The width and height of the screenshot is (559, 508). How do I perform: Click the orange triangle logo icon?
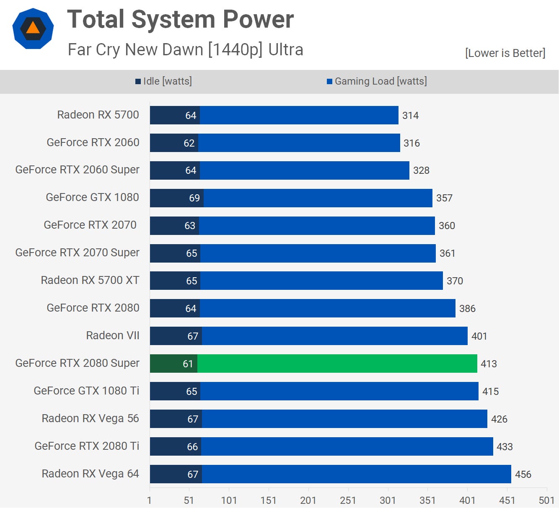click(33, 28)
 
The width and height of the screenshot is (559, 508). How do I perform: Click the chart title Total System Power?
click(180, 19)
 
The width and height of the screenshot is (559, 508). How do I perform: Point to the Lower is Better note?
click(505, 53)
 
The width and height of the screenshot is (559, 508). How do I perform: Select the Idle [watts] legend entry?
click(164, 81)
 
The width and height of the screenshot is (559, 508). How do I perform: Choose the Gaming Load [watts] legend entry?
click(377, 81)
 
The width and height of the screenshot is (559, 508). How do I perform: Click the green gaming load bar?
click(337, 364)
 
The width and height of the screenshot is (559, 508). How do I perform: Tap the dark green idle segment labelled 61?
click(173, 364)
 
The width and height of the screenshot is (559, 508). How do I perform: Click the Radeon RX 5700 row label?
click(98, 115)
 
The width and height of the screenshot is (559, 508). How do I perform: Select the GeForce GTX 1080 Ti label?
click(86, 391)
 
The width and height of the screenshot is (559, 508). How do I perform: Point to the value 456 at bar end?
click(523, 474)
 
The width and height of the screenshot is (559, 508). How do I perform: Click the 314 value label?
click(410, 116)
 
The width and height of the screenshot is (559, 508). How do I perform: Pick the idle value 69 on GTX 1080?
click(194, 198)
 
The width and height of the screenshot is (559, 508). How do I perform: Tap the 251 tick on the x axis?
click(348, 500)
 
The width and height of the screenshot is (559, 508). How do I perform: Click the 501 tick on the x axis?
click(546, 500)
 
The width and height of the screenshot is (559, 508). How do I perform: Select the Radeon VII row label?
click(113, 335)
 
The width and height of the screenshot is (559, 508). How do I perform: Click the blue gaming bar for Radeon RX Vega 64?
click(356, 474)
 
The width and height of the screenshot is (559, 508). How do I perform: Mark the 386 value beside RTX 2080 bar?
click(467, 309)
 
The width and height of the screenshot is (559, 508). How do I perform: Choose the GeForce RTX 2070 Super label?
click(78, 253)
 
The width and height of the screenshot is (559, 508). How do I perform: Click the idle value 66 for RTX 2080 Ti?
click(192, 447)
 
